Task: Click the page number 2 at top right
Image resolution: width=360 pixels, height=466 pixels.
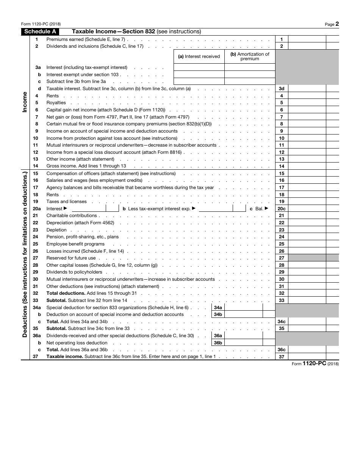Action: pyautogui.click(x=337, y=24)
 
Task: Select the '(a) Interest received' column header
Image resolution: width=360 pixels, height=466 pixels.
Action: pyautogui.click(x=199, y=56)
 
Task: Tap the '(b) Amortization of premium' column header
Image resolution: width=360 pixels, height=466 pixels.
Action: pyautogui.click(x=250, y=56)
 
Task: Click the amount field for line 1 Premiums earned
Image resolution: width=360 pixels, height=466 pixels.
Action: pyautogui.click(x=307, y=39)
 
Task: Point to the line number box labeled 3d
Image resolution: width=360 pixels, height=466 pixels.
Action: pyautogui.click(x=282, y=89)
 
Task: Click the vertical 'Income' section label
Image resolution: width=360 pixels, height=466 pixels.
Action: pyautogui.click(x=25, y=102)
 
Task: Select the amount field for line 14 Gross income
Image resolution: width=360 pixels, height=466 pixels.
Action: pyautogui.click(x=307, y=166)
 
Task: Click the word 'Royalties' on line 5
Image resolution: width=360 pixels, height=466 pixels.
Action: pyautogui.click(x=56, y=103)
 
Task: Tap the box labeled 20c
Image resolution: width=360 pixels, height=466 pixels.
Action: pyautogui.click(x=282, y=209)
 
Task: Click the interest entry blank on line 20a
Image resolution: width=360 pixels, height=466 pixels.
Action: pyautogui.click(x=89, y=208)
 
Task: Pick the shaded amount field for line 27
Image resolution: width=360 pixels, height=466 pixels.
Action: pyautogui.click(x=307, y=258)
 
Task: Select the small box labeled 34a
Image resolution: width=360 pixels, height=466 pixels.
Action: pyautogui.click(x=218, y=308)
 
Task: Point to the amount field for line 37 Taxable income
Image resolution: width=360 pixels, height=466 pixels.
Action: pyautogui.click(x=307, y=357)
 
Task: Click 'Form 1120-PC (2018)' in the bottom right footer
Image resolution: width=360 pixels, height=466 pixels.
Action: pyautogui.click(x=315, y=363)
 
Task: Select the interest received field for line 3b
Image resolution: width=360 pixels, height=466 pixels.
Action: pyautogui.click(x=199, y=75)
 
